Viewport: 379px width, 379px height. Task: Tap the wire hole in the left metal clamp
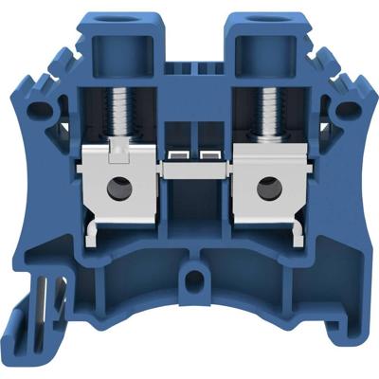(119, 189)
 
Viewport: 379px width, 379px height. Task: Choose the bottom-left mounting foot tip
(19, 336)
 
